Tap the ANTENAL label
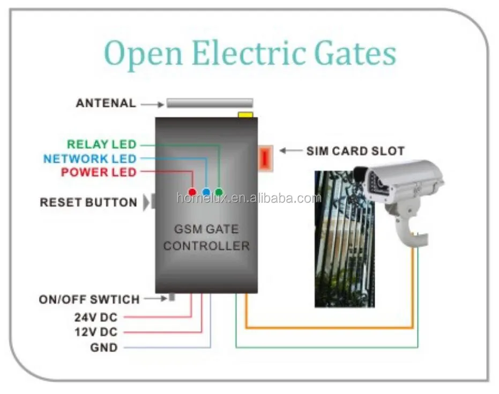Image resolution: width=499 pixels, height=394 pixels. (x=106, y=103)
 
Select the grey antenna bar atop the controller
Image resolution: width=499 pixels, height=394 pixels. (x=210, y=103)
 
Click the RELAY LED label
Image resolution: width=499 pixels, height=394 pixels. (x=101, y=144)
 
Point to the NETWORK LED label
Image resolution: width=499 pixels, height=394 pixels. (x=90, y=159)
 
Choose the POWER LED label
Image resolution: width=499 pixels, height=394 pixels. (x=99, y=172)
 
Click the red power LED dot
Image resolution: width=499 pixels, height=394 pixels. (x=192, y=192)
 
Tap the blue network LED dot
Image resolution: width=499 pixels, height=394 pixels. (x=206, y=192)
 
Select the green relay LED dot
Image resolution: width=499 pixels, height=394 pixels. (x=219, y=192)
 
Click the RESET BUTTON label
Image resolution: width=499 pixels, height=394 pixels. (x=88, y=203)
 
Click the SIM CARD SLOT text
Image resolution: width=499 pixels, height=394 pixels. (x=355, y=151)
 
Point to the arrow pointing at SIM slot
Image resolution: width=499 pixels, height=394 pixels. (x=291, y=151)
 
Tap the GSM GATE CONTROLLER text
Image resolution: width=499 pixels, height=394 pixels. (x=206, y=238)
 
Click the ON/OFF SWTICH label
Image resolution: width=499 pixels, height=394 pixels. (x=89, y=300)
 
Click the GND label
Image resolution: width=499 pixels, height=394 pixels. (x=104, y=347)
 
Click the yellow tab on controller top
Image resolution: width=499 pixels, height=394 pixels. (x=245, y=115)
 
